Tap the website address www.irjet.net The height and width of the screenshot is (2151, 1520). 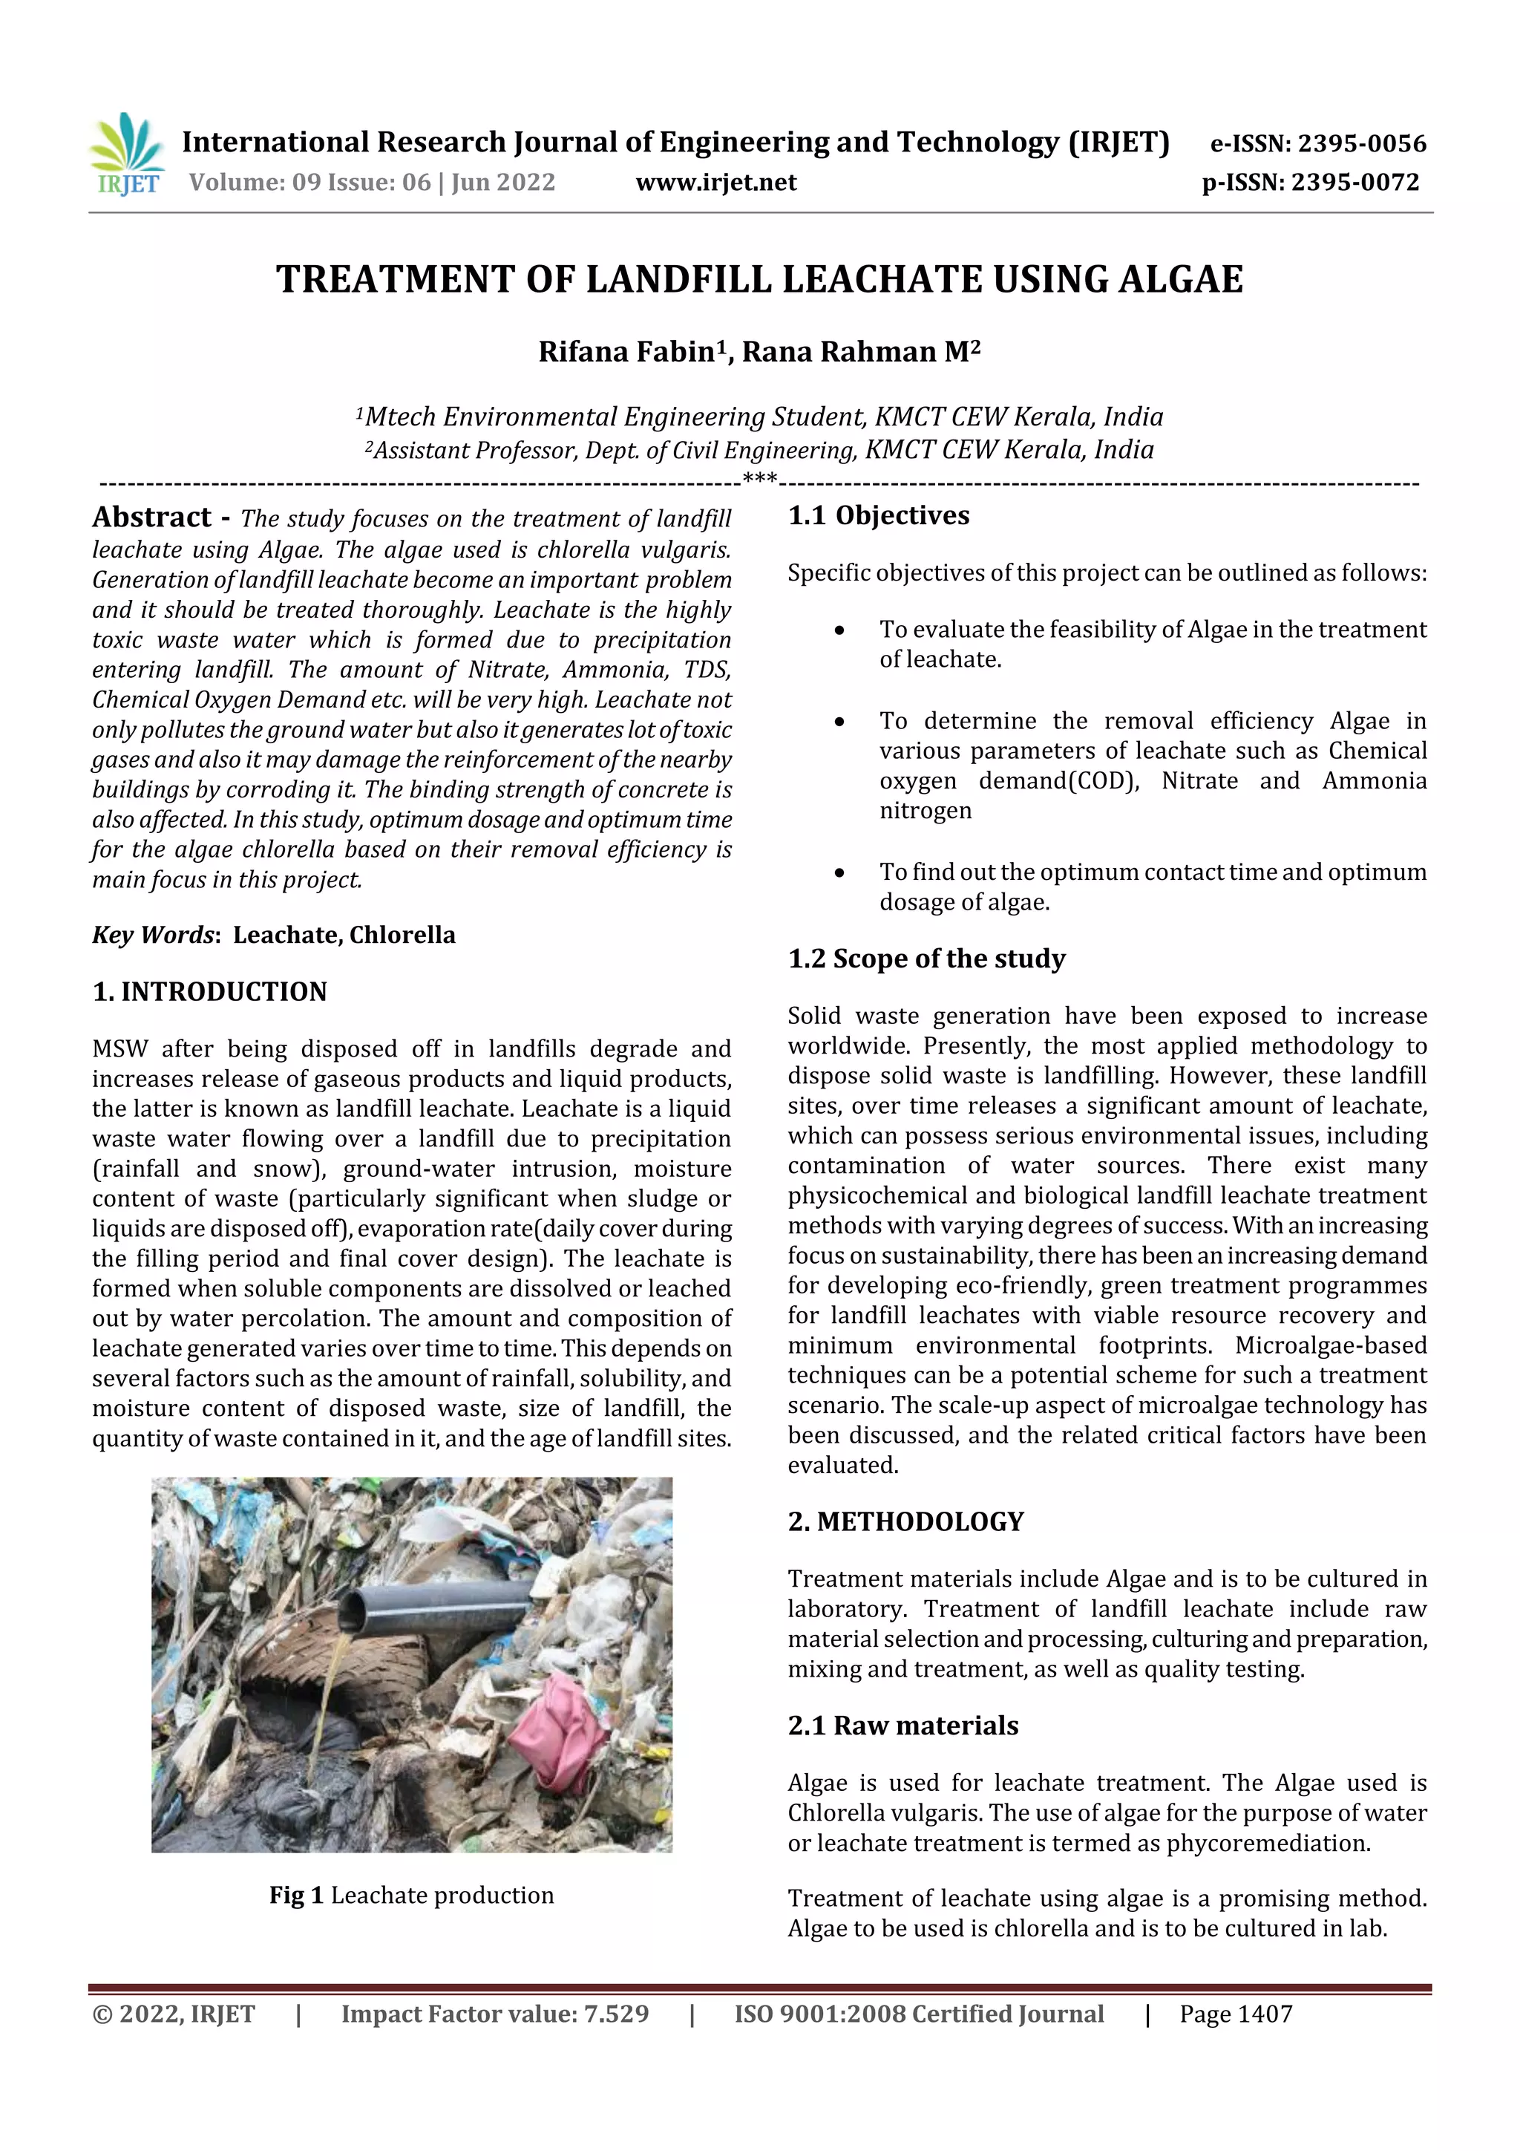715,183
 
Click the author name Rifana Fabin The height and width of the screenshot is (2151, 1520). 626,352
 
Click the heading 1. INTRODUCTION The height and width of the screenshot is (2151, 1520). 210,991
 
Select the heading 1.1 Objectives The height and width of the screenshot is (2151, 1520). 879,516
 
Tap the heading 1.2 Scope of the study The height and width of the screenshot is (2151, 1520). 926,959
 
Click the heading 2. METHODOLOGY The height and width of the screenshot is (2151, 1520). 905,1521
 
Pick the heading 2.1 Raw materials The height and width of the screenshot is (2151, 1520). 902,1726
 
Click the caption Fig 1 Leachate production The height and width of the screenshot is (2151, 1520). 411,1896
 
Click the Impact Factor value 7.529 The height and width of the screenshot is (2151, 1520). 615,2014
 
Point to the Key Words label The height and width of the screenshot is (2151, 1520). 154,935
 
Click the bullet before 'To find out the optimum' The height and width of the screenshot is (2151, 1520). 839,873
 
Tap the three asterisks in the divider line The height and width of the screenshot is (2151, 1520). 759,480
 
